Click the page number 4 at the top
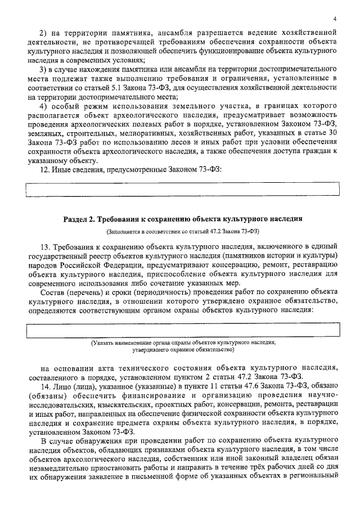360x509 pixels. (334, 19)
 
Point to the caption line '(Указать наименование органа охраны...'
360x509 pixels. (183, 343)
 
